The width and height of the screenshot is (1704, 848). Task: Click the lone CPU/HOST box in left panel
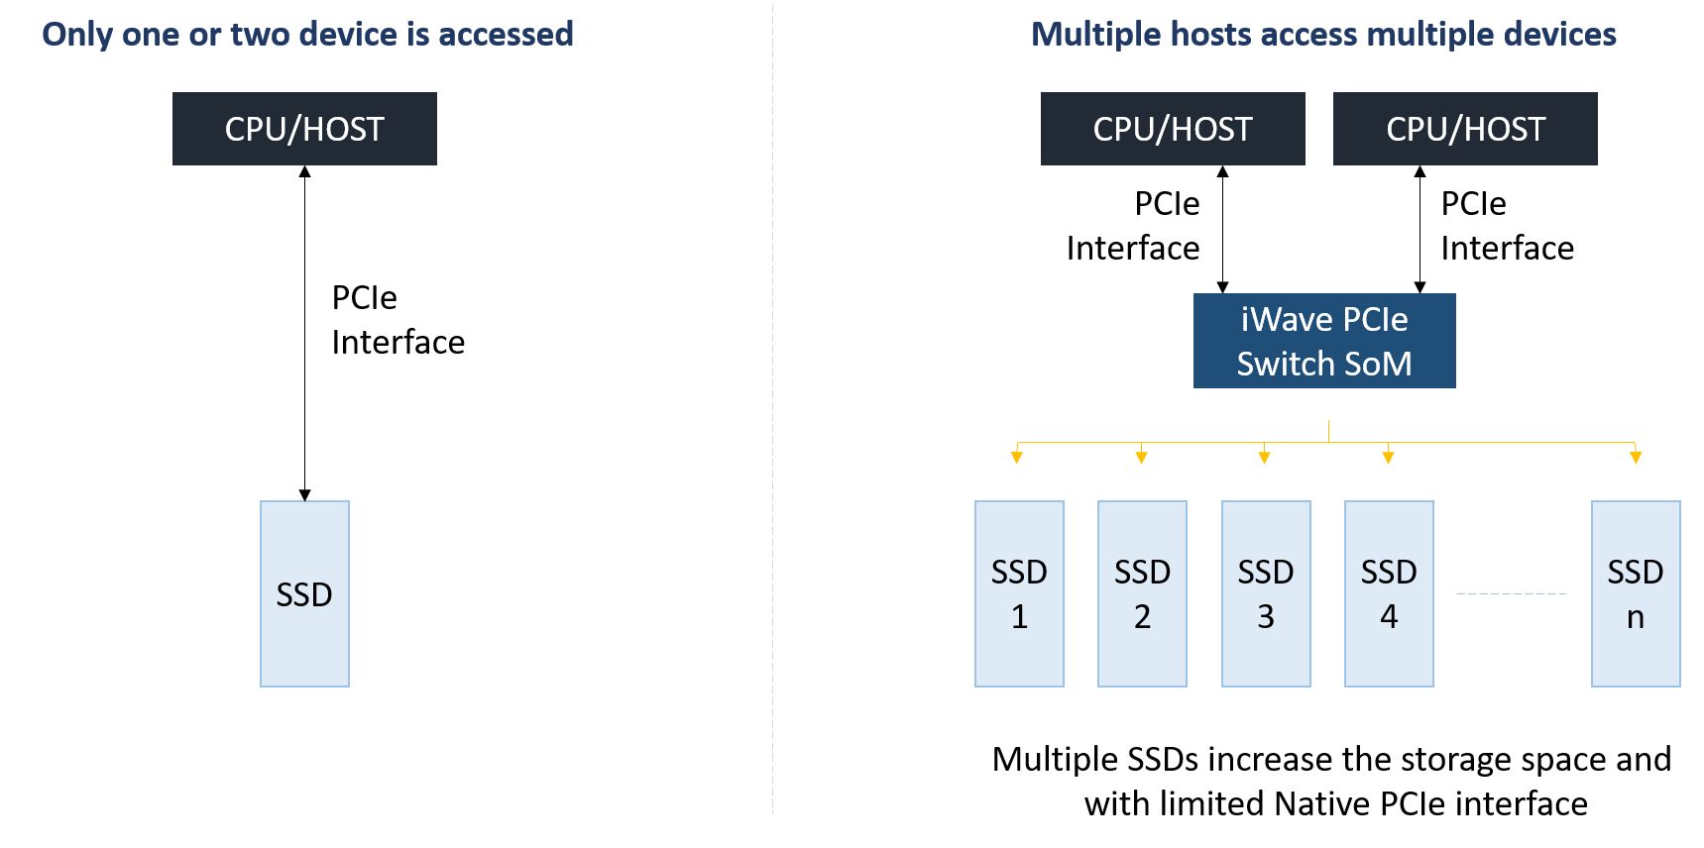(304, 129)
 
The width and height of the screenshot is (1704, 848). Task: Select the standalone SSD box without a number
(304, 593)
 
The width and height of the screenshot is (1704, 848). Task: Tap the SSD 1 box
(1019, 593)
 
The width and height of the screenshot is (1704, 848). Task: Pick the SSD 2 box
(1142, 593)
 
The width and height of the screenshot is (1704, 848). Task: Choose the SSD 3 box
(1266, 593)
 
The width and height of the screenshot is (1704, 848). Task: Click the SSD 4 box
(1389, 593)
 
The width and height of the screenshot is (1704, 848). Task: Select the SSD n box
(1636, 593)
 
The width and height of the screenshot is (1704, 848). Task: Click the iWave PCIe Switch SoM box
(1324, 341)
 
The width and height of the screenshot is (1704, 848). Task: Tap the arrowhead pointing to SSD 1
(1017, 457)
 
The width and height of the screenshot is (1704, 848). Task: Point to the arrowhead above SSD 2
(1142, 457)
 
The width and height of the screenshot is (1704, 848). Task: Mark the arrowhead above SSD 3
(1265, 457)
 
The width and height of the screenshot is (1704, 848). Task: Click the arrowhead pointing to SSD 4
(1389, 457)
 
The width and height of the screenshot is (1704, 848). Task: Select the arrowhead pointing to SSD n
(1636, 457)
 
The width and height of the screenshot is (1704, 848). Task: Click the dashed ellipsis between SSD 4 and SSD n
(1511, 593)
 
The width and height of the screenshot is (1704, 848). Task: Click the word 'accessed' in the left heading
(506, 35)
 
